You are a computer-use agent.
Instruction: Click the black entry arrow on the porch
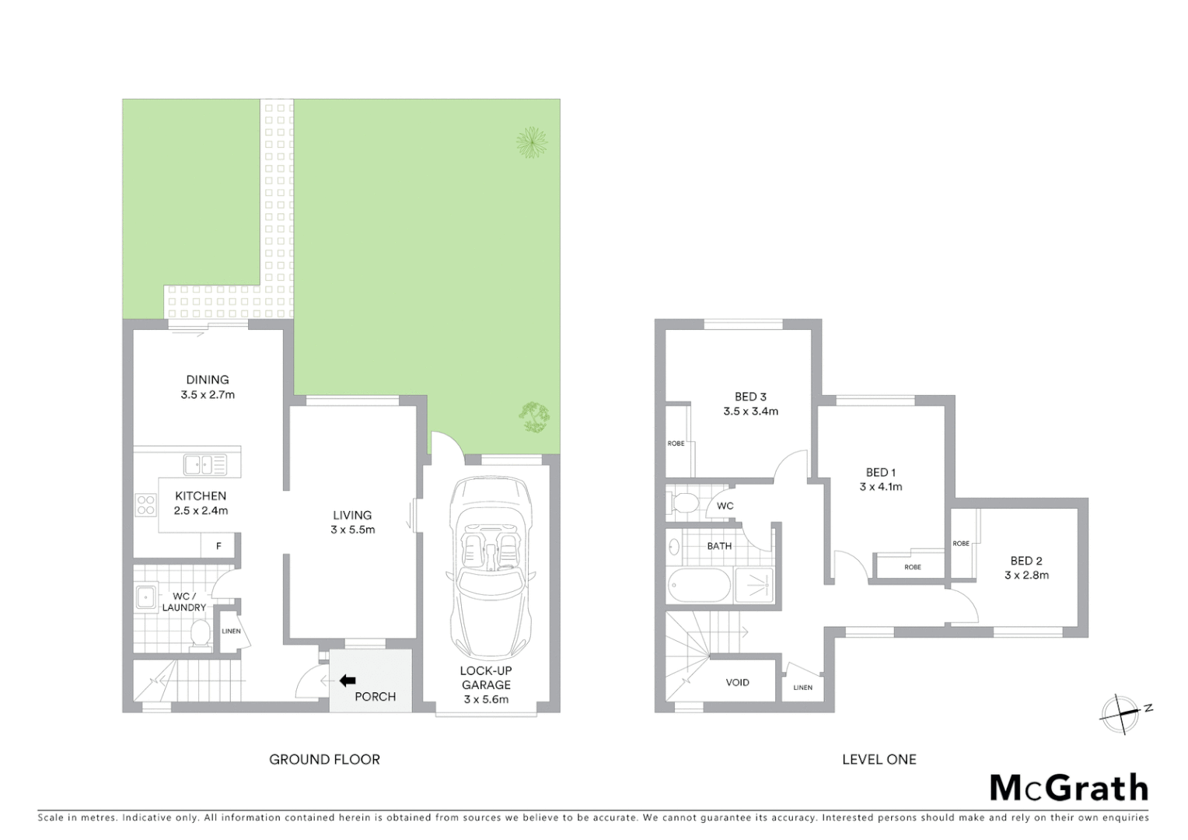pyautogui.click(x=348, y=681)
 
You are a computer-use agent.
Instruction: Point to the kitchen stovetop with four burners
pyautogui.click(x=145, y=505)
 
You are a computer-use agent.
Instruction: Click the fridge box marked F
pyautogui.click(x=218, y=546)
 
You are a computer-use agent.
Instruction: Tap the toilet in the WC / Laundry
pyautogui.click(x=201, y=633)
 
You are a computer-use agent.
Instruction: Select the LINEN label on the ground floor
pyautogui.click(x=231, y=631)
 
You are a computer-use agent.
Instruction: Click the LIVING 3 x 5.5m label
pyautogui.click(x=352, y=522)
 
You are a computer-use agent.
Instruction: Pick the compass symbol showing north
pyautogui.click(x=1120, y=712)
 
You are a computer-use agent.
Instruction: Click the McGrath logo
pyautogui.click(x=1068, y=788)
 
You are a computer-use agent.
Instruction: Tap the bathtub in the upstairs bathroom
pyautogui.click(x=699, y=585)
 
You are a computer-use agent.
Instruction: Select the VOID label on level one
pyautogui.click(x=737, y=682)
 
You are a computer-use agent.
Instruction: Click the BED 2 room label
pyautogui.click(x=1026, y=568)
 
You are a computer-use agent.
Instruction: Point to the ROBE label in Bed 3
pyautogui.click(x=676, y=443)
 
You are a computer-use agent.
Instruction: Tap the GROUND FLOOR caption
pyautogui.click(x=324, y=759)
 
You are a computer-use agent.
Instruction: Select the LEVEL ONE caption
pyautogui.click(x=879, y=759)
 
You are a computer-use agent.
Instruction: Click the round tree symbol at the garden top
pyautogui.click(x=532, y=142)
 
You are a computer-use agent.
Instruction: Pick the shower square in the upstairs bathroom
pyautogui.click(x=754, y=585)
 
